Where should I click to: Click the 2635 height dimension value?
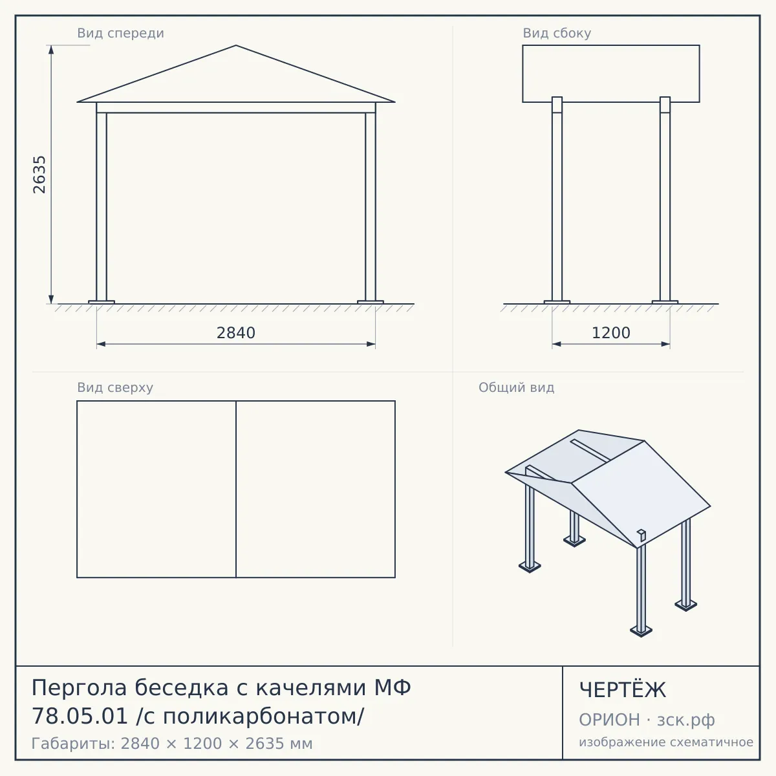coord(39,175)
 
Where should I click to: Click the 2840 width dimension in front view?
coord(236,333)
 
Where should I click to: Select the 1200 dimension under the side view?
coord(611,333)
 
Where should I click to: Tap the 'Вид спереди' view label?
coord(120,33)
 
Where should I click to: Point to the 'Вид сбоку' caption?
coord(557,33)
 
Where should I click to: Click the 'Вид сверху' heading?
coord(115,387)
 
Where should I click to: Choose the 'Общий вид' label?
coord(516,387)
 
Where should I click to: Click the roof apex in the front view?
coord(236,45)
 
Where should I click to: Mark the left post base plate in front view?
coord(102,302)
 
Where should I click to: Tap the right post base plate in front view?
coord(371,302)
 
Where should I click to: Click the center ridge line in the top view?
coord(236,490)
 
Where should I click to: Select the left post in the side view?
coord(557,199)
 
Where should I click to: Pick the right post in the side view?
coord(665,199)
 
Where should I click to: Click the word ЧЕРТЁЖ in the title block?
coord(623,690)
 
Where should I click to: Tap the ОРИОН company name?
coord(609,720)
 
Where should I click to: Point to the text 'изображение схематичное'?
coord(666,742)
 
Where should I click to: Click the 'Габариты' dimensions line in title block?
coord(172,744)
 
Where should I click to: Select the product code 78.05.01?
coord(80,717)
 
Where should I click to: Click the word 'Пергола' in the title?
coord(79,688)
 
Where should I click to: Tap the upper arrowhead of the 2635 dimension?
coord(51,50)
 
